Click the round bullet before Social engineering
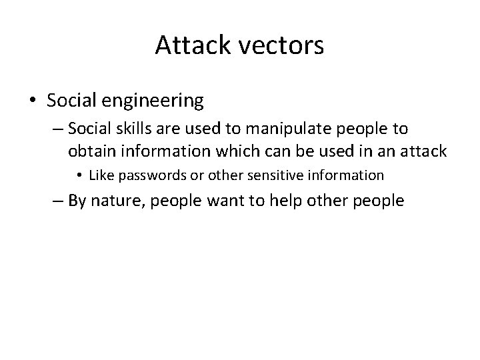(x=33, y=101)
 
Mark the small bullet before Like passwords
(x=79, y=176)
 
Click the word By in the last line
(x=77, y=201)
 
